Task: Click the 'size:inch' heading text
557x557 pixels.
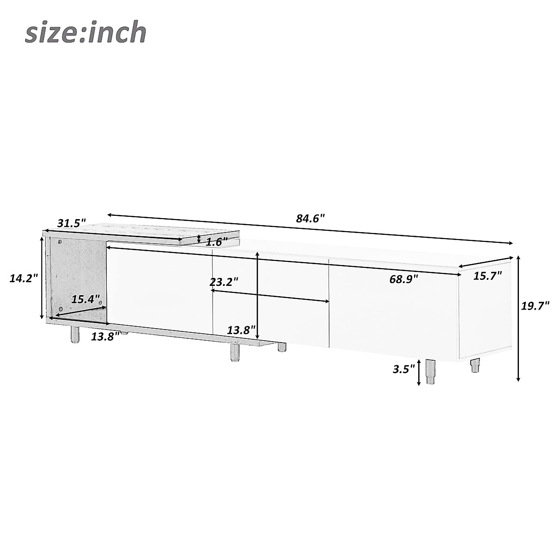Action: click(85, 33)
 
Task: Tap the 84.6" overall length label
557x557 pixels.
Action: click(311, 218)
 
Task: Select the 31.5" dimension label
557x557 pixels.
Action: click(71, 223)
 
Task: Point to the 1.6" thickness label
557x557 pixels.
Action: click(217, 242)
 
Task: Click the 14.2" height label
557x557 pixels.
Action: click(24, 278)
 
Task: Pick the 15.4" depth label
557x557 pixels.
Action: click(85, 299)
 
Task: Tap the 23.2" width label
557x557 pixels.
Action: click(224, 282)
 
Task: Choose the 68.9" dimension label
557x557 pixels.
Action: click(403, 279)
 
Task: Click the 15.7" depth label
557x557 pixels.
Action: click(487, 275)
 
